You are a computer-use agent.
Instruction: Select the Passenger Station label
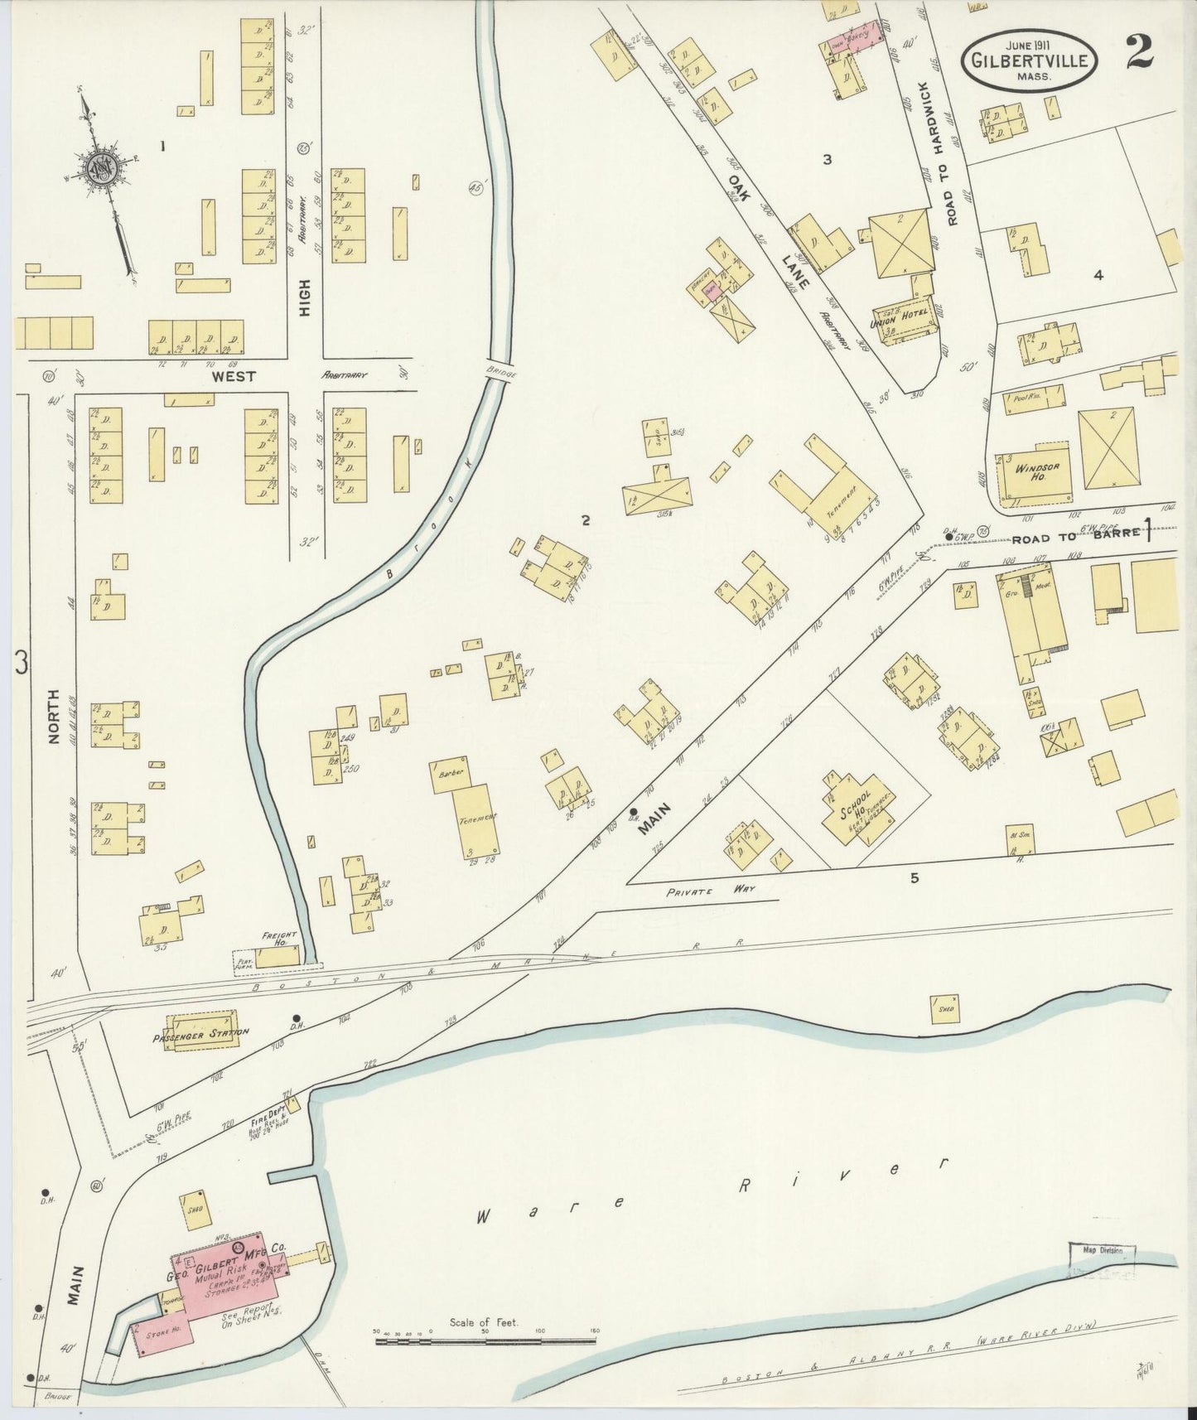click(x=200, y=1033)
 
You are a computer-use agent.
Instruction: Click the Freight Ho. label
click(x=279, y=939)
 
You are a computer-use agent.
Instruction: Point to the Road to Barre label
click(x=1078, y=537)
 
